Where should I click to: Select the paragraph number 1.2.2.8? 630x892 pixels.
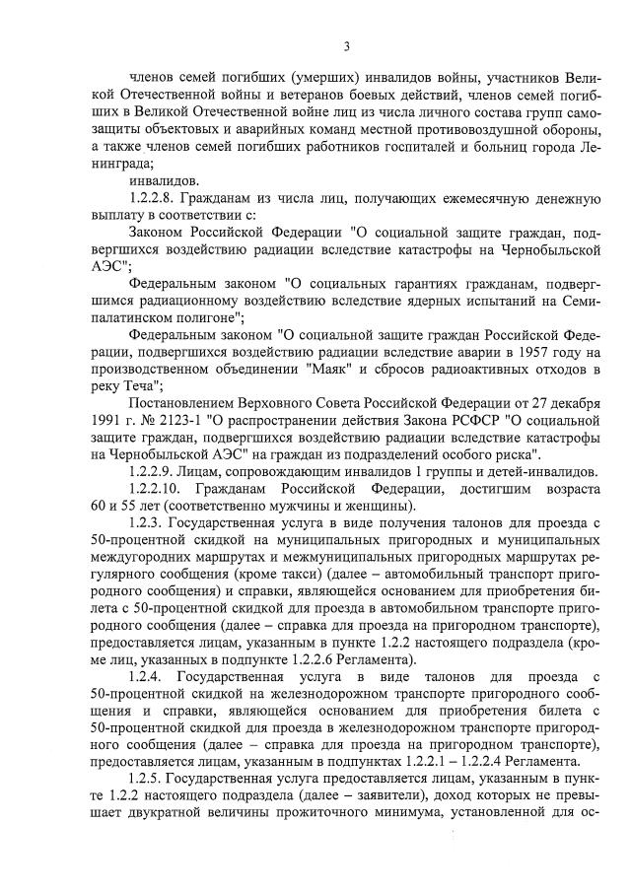157,198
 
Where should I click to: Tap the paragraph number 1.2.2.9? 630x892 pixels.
157,472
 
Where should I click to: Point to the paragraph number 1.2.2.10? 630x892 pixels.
160,489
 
